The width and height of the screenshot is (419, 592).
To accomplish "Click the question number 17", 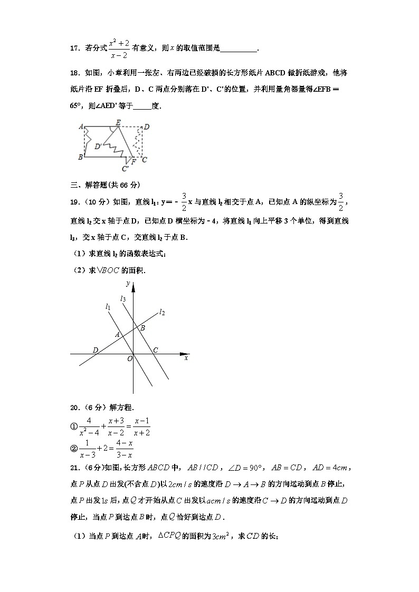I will click(74, 48).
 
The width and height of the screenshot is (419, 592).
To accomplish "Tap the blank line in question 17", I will click(238, 50).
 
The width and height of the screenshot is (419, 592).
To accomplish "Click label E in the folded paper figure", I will click(118, 122).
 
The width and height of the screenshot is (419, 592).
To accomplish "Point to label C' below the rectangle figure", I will click(125, 169).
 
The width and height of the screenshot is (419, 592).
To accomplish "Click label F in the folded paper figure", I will click(134, 161).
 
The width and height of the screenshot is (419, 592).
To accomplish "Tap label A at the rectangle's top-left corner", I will click(81, 127).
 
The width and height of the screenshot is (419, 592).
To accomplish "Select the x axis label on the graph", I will click(186, 358).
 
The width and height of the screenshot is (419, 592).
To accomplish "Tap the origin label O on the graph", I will click(128, 358).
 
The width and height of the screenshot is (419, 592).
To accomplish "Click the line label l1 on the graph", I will click(108, 306).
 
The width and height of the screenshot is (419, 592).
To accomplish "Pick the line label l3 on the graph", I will click(122, 299).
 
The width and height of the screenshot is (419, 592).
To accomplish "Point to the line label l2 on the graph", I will click(162, 313).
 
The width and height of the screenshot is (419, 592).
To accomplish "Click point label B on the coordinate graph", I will click(142, 328).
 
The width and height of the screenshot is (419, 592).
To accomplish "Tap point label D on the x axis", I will click(95, 350).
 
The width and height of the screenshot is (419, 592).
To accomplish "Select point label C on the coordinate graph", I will click(156, 350).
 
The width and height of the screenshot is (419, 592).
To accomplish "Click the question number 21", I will click(74, 467).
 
